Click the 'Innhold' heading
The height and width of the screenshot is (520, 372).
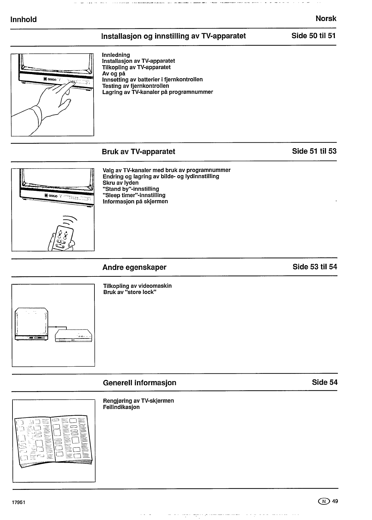tap(23, 20)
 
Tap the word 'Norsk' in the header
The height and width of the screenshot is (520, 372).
tap(326, 19)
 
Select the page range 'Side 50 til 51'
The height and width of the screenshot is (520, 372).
tap(313, 36)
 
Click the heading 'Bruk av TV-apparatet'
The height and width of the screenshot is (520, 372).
tap(138, 151)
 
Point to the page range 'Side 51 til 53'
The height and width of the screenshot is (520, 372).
tap(314, 151)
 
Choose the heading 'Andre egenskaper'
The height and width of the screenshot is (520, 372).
tap(134, 267)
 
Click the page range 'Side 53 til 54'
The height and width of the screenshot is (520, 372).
tap(315, 267)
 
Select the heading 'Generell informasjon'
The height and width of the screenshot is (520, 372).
tap(140, 383)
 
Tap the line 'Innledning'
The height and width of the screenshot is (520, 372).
tap(116, 55)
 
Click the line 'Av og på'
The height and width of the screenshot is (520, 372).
tap(114, 73)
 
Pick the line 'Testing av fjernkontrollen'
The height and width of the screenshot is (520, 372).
tap(136, 86)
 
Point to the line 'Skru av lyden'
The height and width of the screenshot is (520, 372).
tap(121, 183)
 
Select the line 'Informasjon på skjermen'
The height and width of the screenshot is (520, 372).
tap(135, 201)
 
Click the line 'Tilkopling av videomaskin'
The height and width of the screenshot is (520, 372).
tap(137, 286)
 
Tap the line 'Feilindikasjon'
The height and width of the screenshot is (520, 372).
tap(121, 407)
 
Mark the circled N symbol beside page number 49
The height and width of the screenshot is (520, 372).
tap(324, 501)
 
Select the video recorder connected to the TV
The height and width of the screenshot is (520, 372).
tap(73, 335)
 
